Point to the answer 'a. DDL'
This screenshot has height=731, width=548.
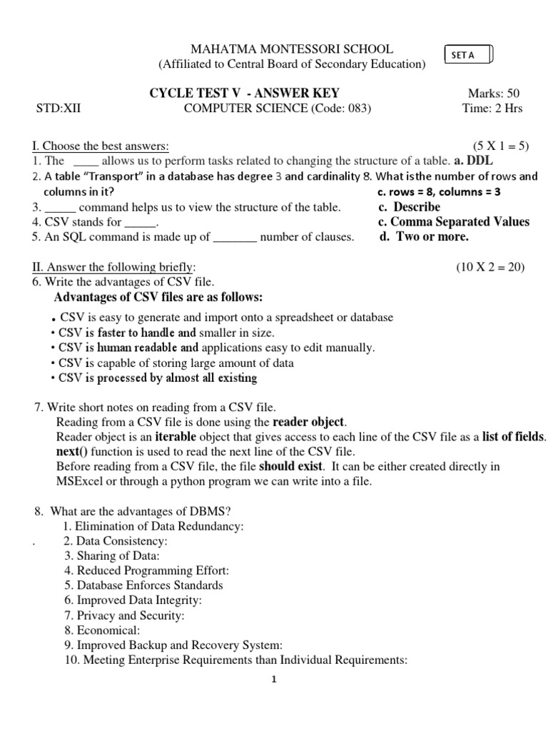pos(473,161)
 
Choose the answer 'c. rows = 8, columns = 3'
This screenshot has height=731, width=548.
pos(438,192)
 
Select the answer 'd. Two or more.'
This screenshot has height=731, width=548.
pos(423,237)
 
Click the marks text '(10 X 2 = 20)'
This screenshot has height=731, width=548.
pos(490,267)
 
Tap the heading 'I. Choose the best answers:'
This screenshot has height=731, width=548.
pos(101,146)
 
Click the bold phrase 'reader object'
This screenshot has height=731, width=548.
pos(308,422)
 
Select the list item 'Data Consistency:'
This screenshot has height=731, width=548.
pos(121,541)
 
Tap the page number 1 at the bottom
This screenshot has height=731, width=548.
pos(273,680)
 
